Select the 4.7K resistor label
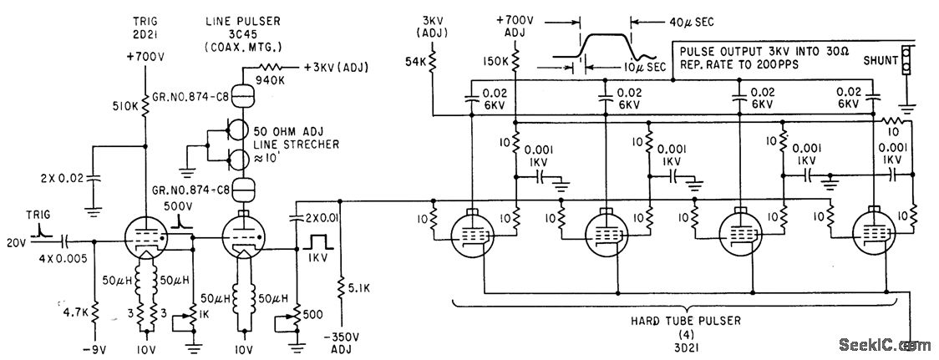[x=73, y=312]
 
